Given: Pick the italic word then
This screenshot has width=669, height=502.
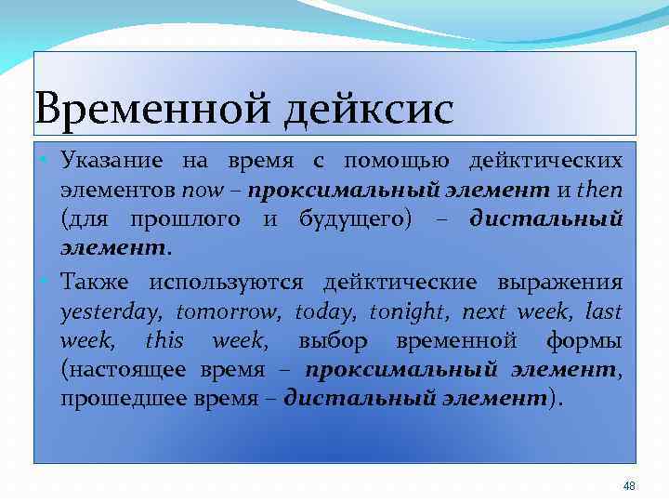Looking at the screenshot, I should [x=599, y=191].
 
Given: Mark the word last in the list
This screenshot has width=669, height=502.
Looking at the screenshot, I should [x=605, y=311].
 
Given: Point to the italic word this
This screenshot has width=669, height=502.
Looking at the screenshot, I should [x=164, y=340].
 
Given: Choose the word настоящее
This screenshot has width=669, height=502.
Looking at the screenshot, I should [x=125, y=370].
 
